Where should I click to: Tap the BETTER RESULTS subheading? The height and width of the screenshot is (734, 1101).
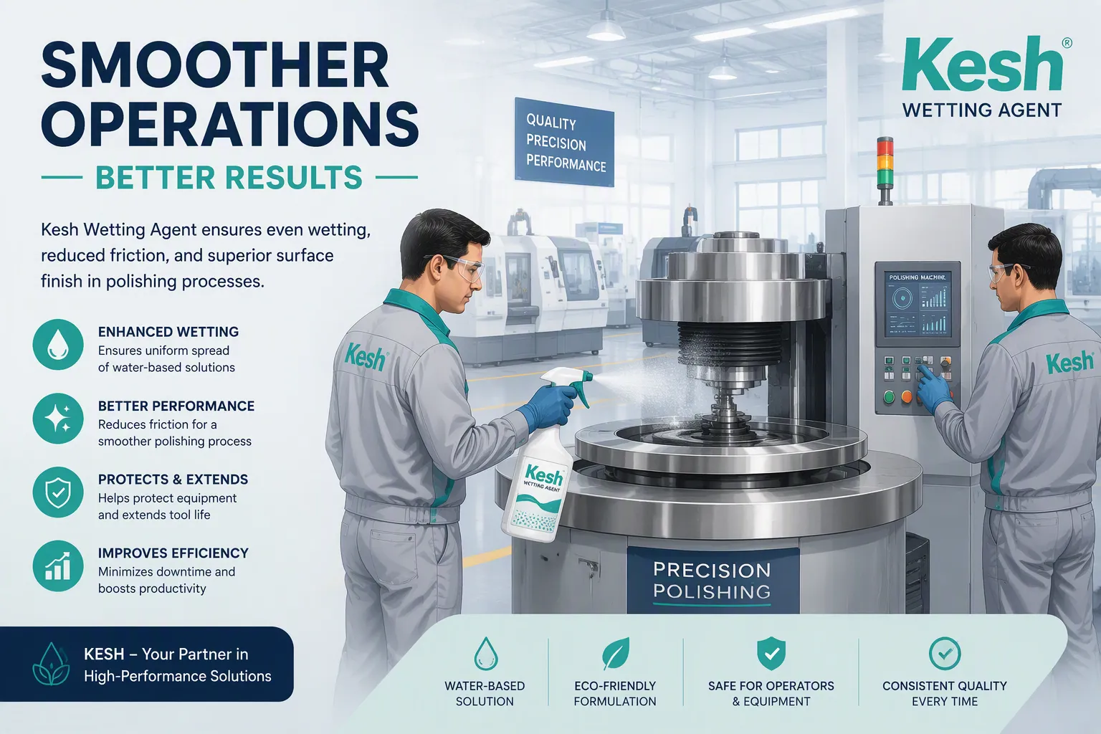(229, 178)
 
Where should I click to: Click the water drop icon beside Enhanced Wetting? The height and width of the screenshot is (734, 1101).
(58, 344)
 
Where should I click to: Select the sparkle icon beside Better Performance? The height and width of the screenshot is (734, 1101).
(58, 419)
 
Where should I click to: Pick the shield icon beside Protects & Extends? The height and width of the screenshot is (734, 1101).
(58, 492)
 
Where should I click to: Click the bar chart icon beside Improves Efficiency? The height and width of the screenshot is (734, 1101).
(58, 566)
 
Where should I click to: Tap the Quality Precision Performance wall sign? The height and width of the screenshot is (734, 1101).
(564, 142)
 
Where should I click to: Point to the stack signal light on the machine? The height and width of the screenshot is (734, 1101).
(885, 170)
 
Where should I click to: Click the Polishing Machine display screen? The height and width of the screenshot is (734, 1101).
(917, 305)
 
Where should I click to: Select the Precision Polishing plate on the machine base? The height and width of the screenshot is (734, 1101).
(712, 581)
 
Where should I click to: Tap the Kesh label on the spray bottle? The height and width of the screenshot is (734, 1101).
(543, 475)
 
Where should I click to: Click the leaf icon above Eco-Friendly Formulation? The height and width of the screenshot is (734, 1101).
(616, 654)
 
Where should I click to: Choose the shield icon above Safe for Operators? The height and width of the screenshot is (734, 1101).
(771, 654)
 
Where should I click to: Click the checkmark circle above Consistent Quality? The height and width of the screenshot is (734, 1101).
(945, 654)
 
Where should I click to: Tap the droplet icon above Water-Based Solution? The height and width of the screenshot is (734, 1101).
(485, 654)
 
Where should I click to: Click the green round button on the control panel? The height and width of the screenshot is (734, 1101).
(889, 396)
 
